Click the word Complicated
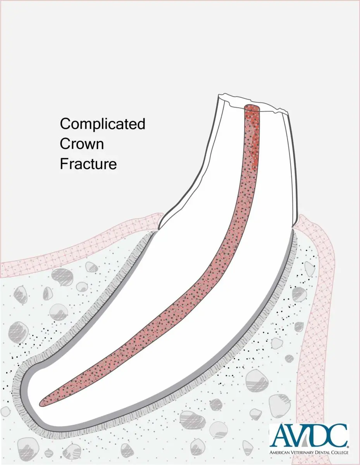coord(102,124)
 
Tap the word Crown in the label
coord(82,144)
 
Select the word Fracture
coord(88,164)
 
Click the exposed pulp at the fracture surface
coord(252,107)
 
